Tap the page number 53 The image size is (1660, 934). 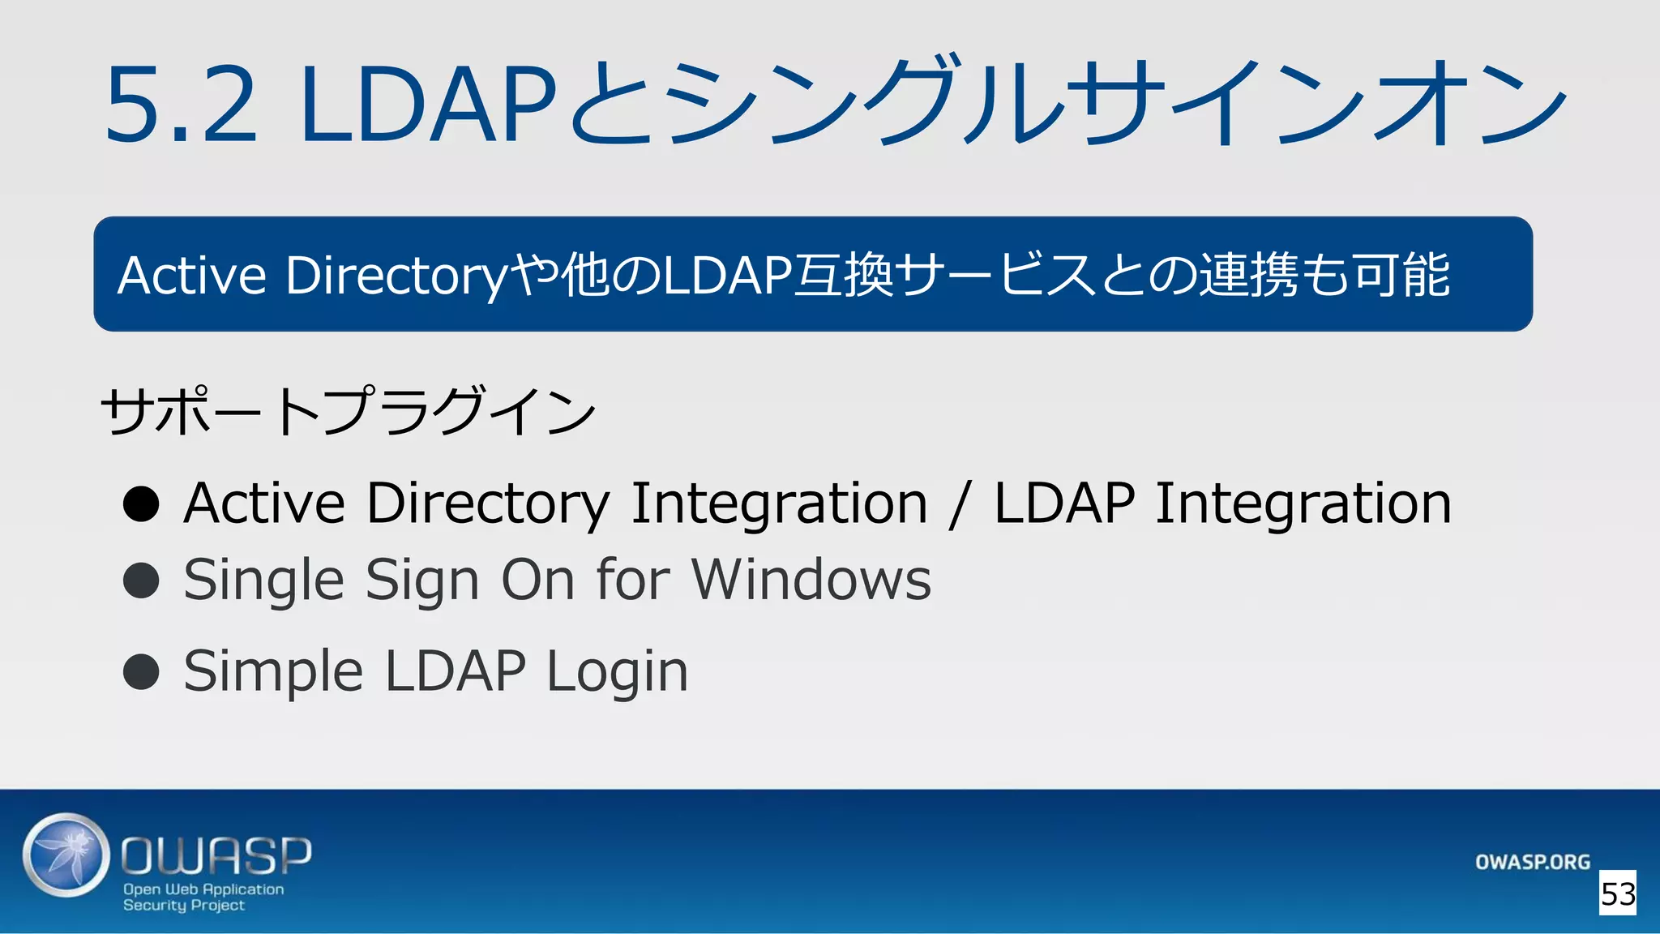point(1618,893)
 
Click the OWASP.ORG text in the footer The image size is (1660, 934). point(1532,862)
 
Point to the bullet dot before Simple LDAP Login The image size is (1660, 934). point(141,671)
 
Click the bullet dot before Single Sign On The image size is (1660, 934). point(141,581)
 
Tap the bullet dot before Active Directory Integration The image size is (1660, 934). point(141,503)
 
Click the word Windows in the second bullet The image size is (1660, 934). point(811,581)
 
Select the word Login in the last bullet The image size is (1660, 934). point(617,672)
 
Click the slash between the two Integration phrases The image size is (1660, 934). point(960,504)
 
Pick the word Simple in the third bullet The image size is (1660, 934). point(273,672)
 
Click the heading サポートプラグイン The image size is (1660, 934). point(349,411)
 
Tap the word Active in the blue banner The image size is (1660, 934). point(192,276)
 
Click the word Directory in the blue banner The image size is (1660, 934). point(397,276)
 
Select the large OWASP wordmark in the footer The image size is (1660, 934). point(216,855)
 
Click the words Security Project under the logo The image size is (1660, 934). point(184,906)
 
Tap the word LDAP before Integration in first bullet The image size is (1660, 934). point(1064,503)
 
